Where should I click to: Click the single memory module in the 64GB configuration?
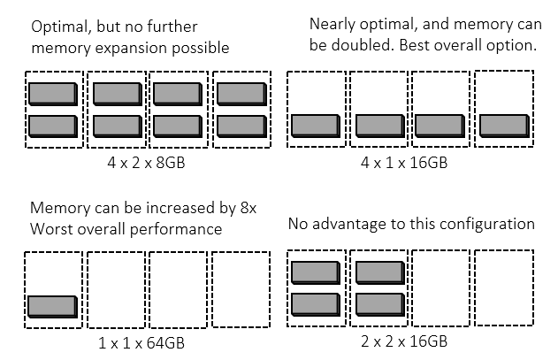pyautogui.click(x=52, y=306)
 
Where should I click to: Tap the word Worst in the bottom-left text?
pyautogui.click(x=50, y=230)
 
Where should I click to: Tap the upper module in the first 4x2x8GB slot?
pyautogui.click(x=52, y=93)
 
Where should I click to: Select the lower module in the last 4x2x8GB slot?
pyautogui.click(x=240, y=126)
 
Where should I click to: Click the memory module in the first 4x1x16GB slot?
pyautogui.click(x=316, y=126)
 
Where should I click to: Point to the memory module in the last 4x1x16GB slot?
pyautogui.click(x=504, y=126)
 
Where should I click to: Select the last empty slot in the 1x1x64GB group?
pyautogui.click(x=241, y=290)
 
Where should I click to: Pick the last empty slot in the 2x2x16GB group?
pyautogui.click(x=504, y=290)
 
